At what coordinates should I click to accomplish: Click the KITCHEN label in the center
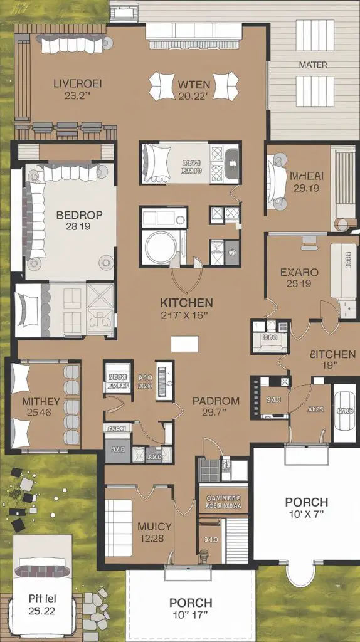186,303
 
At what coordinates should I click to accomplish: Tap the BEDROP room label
79,214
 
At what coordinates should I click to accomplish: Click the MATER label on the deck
312,65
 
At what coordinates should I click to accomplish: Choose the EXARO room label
299,273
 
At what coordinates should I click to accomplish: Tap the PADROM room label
216,401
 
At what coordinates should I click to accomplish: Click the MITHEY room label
41,401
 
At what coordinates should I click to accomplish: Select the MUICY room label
154,527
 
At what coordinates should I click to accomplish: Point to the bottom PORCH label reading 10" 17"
191,603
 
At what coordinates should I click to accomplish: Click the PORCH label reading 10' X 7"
306,502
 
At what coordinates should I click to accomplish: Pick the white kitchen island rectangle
185,344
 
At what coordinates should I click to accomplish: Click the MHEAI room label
306,176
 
